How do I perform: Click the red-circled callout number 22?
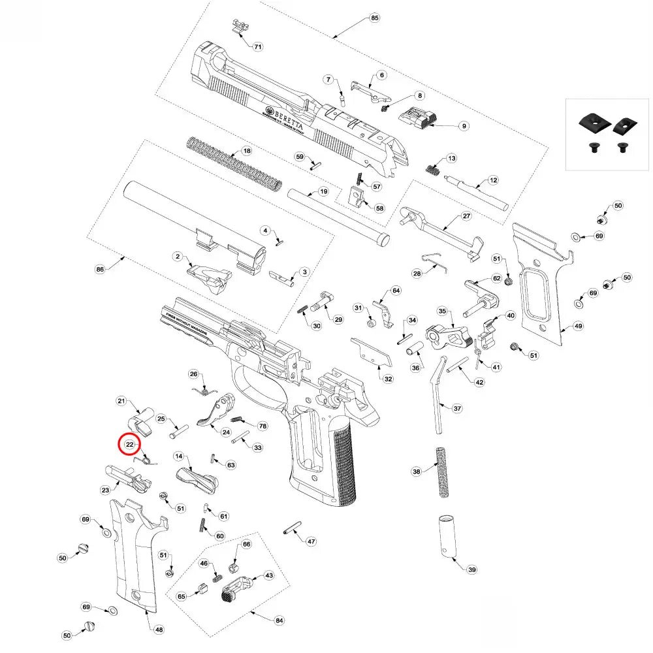point(129,444)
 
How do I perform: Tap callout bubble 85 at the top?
point(374,18)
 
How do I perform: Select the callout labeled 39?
point(472,569)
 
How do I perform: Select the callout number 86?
point(100,268)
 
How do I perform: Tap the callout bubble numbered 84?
point(279,620)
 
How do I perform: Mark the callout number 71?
point(258,47)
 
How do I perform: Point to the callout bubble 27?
point(466,216)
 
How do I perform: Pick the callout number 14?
point(178,456)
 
